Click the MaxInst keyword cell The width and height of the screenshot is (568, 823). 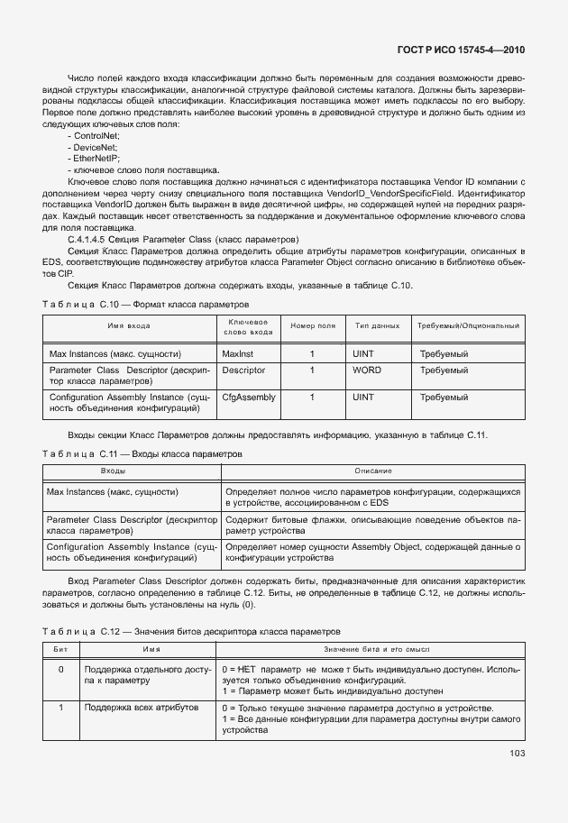[x=237, y=354]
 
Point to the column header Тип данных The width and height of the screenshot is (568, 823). [x=377, y=325]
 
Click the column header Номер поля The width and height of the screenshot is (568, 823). [x=312, y=325]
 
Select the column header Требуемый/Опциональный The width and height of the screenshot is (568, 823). [x=467, y=325]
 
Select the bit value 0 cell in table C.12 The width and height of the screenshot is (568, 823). [x=60, y=670]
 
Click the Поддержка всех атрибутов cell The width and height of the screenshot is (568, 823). [x=128, y=709]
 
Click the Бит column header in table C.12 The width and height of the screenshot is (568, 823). [x=60, y=649]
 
